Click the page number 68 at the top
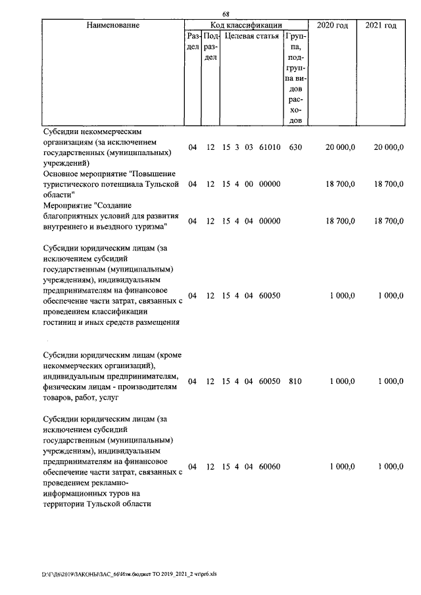[226, 14]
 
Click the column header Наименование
[112, 25]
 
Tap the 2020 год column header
[333, 25]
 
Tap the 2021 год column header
[380, 25]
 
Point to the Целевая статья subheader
[252, 36]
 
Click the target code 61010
[270, 148]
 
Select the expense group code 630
[295, 148]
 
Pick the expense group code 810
[295, 381]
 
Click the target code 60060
[270, 466]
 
